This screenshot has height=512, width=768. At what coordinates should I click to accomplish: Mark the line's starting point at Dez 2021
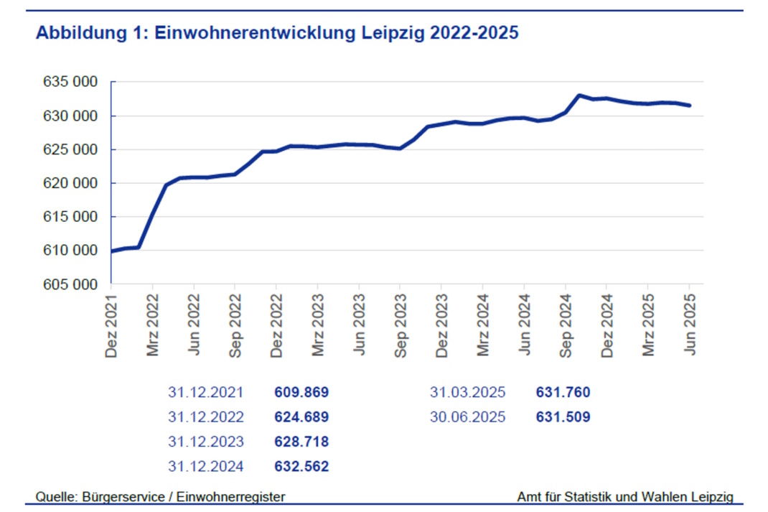coord(112,251)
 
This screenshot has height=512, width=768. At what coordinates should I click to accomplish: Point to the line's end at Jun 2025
coord(690,106)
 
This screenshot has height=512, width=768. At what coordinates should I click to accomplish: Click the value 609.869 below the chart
coord(301,393)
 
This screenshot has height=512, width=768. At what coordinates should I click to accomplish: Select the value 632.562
coord(301,467)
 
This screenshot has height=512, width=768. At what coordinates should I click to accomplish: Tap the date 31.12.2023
coord(206,442)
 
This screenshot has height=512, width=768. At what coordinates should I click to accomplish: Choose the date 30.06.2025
coord(468,417)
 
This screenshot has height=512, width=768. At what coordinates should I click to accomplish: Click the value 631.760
coord(563,393)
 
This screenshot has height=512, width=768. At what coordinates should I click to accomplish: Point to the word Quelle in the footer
coord(55,496)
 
